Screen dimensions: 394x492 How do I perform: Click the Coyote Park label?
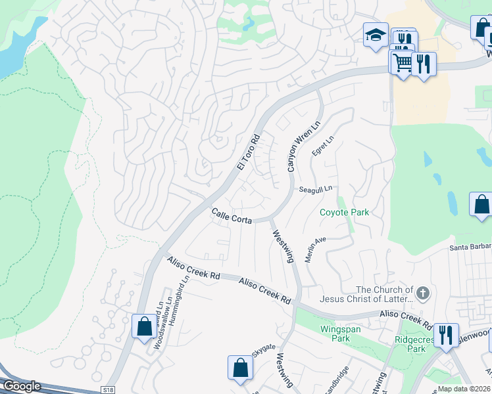pyautogui.click(x=344, y=212)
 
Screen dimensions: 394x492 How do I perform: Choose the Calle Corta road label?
pyautogui.click(x=232, y=217)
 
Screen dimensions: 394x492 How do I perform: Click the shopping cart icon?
pyautogui.click(x=402, y=63)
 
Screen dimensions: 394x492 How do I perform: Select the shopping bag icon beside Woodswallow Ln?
pyautogui.click(x=143, y=326)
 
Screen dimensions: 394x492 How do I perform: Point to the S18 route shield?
pyautogui.click(x=109, y=389)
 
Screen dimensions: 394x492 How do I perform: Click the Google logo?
pyautogui.click(x=22, y=386)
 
